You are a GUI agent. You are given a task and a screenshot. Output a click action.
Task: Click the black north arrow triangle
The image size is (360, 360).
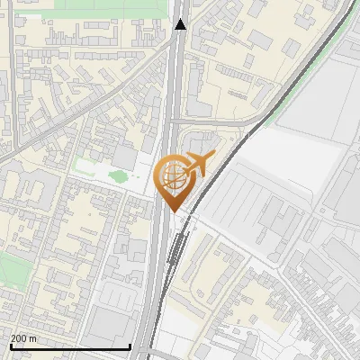tap(180, 24)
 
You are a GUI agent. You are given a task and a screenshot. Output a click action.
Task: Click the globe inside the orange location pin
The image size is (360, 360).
tap(171, 177)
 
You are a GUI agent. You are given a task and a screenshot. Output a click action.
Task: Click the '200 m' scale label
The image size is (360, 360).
tap(23, 338)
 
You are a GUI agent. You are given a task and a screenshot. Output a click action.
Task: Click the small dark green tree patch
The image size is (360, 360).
tap(119, 175)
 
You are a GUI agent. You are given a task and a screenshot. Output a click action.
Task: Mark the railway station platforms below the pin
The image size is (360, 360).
tap(180, 247)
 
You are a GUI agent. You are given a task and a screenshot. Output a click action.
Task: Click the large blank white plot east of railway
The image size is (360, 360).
tap(279, 153)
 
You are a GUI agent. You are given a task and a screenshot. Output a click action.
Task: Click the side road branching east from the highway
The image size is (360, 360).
tap(216, 120)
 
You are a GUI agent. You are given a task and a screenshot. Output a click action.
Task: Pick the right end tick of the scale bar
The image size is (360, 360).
tap(130, 346)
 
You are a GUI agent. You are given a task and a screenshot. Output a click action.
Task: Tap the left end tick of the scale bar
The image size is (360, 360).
tap(10, 346)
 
